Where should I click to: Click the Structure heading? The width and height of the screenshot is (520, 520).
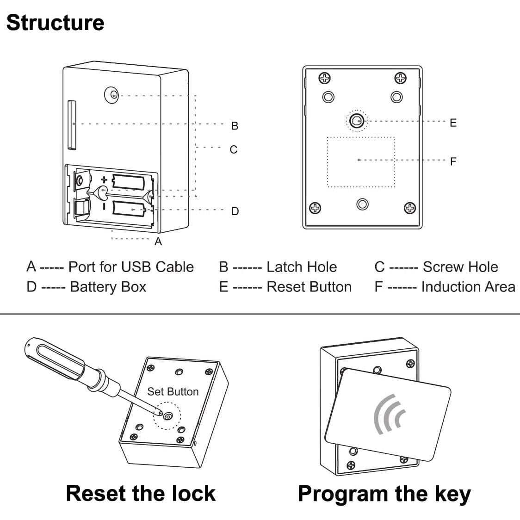click(x=55, y=23)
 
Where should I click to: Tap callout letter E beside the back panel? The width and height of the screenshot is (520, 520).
click(x=453, y=123)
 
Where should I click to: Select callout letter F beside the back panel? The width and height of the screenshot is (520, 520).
click(x=453, y=161)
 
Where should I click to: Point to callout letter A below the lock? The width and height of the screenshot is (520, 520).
click(x=158, y=241)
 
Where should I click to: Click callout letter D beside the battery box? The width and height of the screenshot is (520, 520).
click(x=235, y=211)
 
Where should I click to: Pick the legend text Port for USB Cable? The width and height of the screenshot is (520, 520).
click(x=131, y=267)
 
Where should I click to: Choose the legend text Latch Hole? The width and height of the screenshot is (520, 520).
click(x=302, y=267)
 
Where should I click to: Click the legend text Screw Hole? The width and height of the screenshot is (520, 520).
click(x=460, y=267)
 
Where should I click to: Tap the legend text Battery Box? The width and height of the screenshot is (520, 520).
click(x=108, y=287)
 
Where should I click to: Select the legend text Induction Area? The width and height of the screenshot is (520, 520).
click(x=468, y=287)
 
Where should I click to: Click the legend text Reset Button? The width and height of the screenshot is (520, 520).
click(x=309, y=287)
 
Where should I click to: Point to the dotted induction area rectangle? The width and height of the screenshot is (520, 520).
click(x=361, y=162)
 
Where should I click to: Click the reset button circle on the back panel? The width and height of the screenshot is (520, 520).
click(x=356, y=121)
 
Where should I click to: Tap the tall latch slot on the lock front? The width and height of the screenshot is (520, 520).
click(x=71, y=125)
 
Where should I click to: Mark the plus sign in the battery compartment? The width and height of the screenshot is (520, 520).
click(x=105, y=180)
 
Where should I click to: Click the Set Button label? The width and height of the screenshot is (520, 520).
click(x=173, y=391)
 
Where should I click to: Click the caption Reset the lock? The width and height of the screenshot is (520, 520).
click(x=141, y=493)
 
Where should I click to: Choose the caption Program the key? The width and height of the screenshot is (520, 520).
click(x=384, y=494)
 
